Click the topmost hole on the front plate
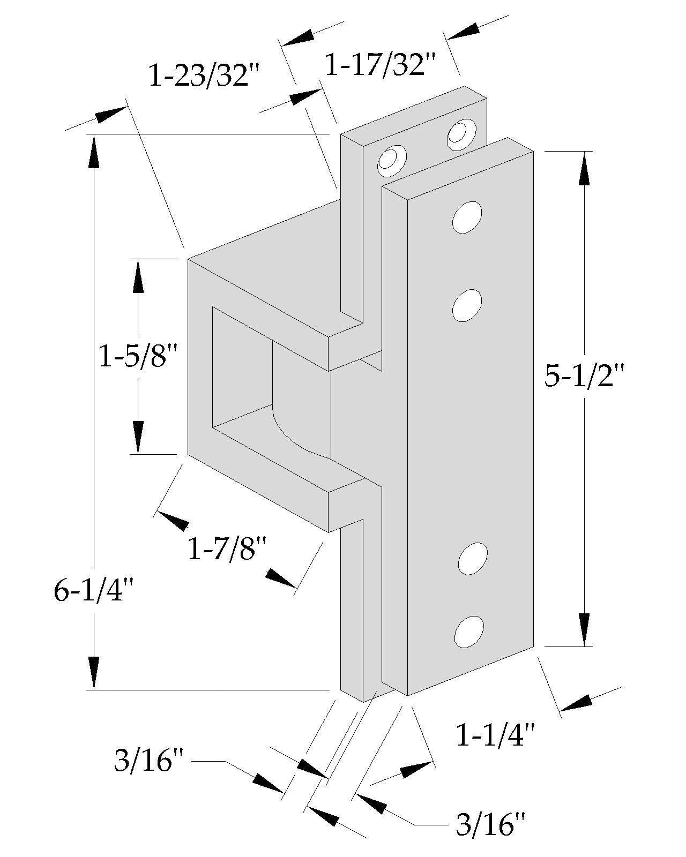point(467,217)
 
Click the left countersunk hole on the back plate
point(391,160)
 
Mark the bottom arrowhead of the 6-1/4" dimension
point(94,672)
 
